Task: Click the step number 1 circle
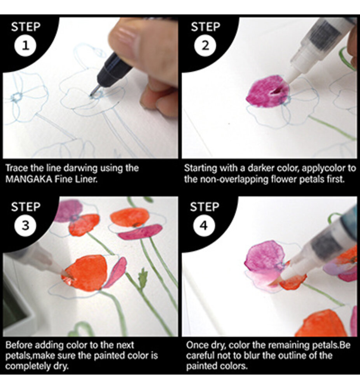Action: click(x=26, y=46)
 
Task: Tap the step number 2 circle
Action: click(x=204, y=46)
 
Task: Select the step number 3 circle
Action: click(x=26, y=226)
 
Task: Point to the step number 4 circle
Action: click(x=204, y=226)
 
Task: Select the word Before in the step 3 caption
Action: click(x=16, y=345)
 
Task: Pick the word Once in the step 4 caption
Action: click(x=194, y=345)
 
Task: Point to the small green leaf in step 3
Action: click(x=143, y=278)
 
